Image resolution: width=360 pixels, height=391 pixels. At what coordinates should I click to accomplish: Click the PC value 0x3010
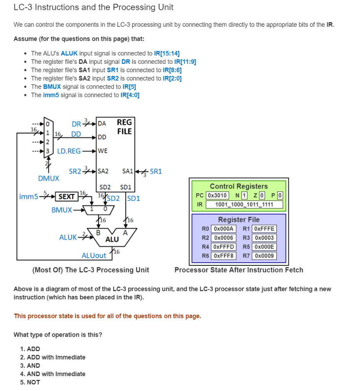pyautogui.click(x=217, y=195)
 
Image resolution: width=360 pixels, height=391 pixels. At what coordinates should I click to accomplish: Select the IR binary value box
pyautogui.click(x=244, y=204)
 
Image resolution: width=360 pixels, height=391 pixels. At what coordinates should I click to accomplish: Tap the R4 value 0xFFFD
pyautogui.click(x=223, y=247)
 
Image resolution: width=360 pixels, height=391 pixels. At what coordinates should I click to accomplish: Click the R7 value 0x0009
pyautogui.click(x=264, y=256)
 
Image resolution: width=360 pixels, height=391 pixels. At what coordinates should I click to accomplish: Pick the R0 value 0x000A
pyautogui.click(x=223, y=229)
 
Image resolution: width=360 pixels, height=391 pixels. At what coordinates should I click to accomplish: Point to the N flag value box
pyautogui.click(x=244, y=195)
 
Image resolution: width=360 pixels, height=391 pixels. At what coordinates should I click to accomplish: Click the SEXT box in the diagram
pyautogui.click(x=66, y=197)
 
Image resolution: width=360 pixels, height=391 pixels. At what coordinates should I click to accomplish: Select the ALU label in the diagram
pyautogui.click(x=112, y=239)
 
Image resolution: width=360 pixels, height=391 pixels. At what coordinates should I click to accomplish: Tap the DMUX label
pyautogui.click(x=49, y=178)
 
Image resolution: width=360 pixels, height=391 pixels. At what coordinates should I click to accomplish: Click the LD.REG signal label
pyautogui.click(x=69, y=151)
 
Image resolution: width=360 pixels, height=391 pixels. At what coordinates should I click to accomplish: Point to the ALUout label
pyautogui.click(x=94, y=255)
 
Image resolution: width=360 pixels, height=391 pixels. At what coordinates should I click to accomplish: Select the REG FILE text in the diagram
pyautogui.click(x=124, y=127)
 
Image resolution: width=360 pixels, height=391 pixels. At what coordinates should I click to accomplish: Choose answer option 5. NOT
pyautogui.click(x=30, y=382)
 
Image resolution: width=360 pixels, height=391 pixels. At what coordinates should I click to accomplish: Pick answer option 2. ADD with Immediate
pyautogui.click(x=53, y=357)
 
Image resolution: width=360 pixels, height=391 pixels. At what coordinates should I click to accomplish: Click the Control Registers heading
pyautogui.click(x=239, y=186)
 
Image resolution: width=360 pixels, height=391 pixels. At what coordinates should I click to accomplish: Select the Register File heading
pyautogui.click(x=239, y=220)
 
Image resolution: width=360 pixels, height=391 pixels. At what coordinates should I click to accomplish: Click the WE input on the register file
pyautogui.click(x=103, y=151)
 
